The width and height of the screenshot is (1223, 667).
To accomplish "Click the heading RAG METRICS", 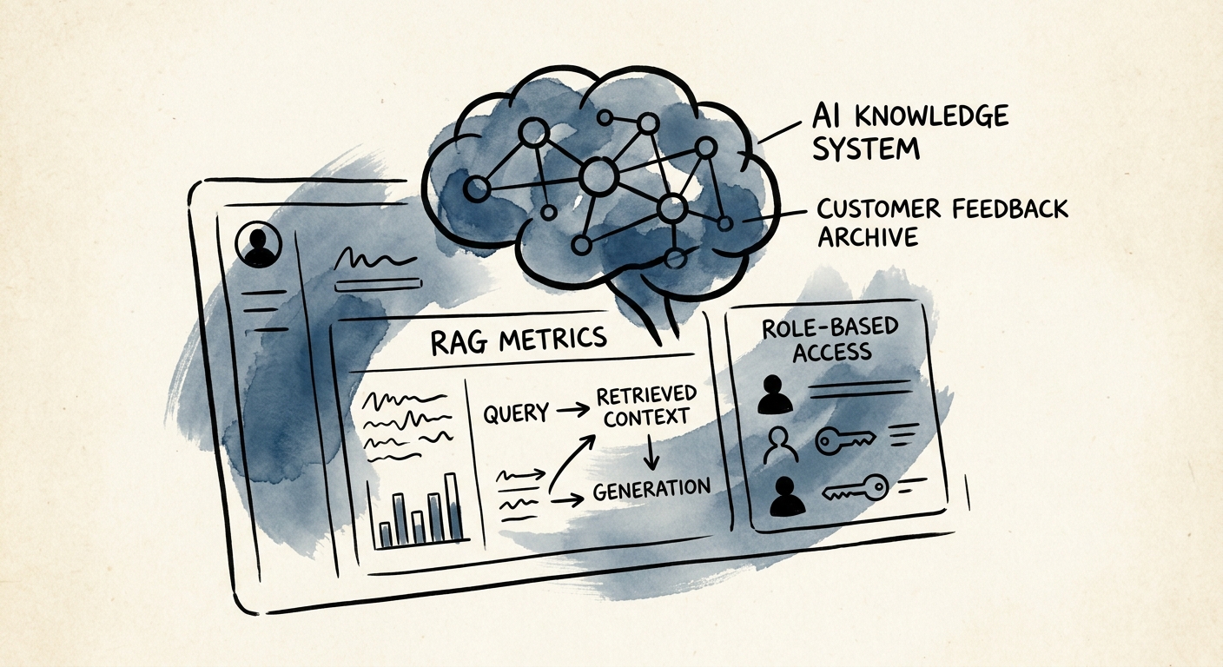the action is (x=519, y=340).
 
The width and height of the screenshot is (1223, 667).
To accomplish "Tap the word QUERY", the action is (x=516, y=413).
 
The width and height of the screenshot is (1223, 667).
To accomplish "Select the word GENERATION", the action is (x=652, y=489).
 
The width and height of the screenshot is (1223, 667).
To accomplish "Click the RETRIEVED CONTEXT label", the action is (x=646, y=406).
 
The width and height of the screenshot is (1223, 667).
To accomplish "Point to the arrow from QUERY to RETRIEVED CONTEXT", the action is (x=572, y=409).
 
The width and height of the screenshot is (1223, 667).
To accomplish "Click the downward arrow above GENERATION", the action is (x=651, y=452).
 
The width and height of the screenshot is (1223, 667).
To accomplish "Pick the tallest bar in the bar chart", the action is (x=453, y=506).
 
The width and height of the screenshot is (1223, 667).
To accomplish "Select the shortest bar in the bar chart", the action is (x=386, y=535).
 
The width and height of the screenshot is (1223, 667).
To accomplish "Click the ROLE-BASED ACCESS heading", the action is (x=830, y=340).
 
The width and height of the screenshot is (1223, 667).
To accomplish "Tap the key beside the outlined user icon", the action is (x=845, y=441).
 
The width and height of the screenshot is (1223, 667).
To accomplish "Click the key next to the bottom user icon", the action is (x=856, y=488).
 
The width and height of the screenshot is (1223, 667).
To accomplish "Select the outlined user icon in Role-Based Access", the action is (x=780, y=445).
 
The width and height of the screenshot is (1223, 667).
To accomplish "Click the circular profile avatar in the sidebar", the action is (x=258, y=244).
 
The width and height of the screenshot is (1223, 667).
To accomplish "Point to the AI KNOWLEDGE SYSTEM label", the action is (x=909, y=132).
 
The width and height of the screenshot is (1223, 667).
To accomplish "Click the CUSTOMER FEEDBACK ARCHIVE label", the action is (x=942, y=222).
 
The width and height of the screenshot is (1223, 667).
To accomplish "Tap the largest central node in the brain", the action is (x=599, y=176).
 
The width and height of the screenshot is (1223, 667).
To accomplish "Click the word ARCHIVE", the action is (x=867, y=237).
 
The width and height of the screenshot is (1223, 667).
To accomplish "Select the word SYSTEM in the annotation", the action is (x=865, y=148).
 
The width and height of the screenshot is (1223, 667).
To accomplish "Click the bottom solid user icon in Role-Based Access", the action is (x=787, y=496).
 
